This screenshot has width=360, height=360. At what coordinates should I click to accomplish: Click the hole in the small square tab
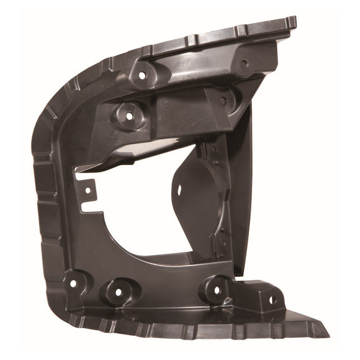click(x=88, y=189)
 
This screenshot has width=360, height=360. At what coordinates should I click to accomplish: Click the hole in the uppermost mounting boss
click(x=142, y=75)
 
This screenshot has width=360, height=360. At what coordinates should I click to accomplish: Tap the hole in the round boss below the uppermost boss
click(x=130, y=115)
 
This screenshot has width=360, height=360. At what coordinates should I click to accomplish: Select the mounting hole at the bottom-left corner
click(x=73, y=284)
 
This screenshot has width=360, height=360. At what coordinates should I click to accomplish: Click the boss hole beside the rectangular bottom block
click(x=217, y=290)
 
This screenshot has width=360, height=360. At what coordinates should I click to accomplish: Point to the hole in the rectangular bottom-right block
click(x=271, y=300)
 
